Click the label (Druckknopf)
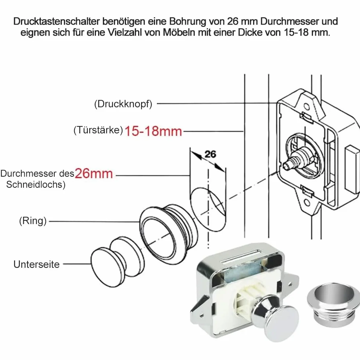(x=123, y=104)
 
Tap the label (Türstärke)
(x=98, y=130)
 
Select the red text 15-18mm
(x=153, y=131)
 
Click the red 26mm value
(x=94, y=173)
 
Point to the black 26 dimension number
(x=210, y=154)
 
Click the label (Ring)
(x=33, y=221)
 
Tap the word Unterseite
(x=36, y=264)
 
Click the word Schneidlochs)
(x=36, y=184)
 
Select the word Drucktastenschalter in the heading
(x=57, y=21)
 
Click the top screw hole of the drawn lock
(x=306, y=107)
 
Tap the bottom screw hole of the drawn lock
(x=307, y=202)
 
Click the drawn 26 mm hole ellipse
(x=208, y=209)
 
